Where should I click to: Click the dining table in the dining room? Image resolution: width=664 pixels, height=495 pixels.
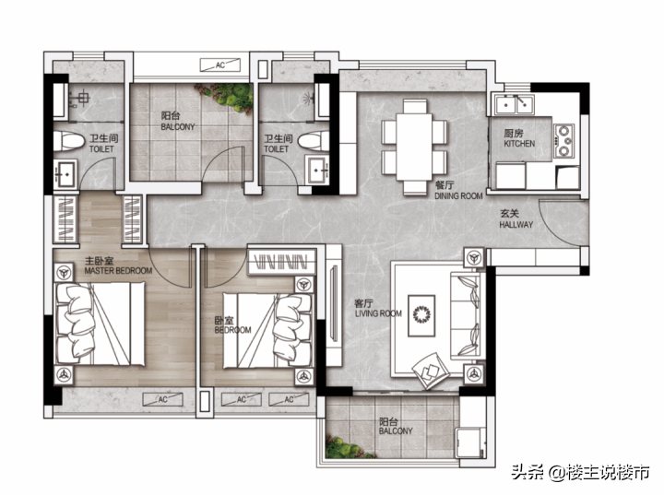415,147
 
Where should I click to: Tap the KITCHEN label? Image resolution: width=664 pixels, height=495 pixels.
519,144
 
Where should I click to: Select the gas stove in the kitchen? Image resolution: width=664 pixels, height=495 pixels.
563,141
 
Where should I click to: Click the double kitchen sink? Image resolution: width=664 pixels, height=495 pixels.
515,104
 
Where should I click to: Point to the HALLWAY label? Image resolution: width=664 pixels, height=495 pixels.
516,225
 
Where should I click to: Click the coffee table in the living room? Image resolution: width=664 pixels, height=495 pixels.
421,315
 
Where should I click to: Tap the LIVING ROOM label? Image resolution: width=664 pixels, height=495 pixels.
378,313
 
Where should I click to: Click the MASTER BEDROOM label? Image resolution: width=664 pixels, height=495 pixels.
118,271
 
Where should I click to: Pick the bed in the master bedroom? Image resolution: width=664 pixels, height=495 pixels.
100,324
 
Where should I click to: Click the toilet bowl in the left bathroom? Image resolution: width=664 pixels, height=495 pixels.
68,141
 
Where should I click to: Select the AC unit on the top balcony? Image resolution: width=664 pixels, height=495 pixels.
220,65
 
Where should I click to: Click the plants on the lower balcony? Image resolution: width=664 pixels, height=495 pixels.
347,448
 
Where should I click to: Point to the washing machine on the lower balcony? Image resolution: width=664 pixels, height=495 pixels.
471,442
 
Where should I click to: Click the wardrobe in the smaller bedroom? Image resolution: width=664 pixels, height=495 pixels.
281,262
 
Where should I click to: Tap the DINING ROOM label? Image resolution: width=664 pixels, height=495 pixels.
458,196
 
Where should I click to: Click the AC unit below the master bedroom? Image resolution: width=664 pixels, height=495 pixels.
162,399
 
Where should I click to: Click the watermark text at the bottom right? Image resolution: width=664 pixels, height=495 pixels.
580,472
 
